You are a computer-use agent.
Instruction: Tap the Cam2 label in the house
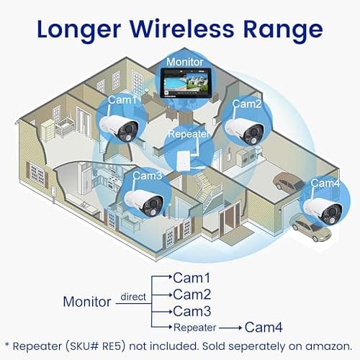pyautogui.click(x=246, y=104)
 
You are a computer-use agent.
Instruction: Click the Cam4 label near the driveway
pyautogui.click(x=325, y=183)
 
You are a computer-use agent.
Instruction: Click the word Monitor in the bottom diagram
pyautogui.click(x=88, y=301)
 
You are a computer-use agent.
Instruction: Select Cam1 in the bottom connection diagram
pyautogui.click(x=192, y=277)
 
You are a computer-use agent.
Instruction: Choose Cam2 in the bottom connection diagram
pyautogui.click(x=192, y=294)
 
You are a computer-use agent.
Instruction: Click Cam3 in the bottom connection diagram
pyautogui.click(x=192, y=311)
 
